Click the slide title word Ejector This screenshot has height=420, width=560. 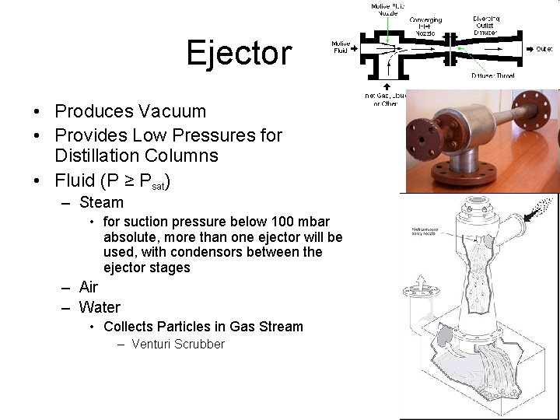tap(239, 54)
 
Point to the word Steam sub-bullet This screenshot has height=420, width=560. tap(101, 203)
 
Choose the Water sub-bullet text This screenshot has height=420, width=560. tap(100, 307)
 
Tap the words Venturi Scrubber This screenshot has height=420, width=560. tap(178, 344)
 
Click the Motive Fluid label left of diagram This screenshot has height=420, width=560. tap(340, 47)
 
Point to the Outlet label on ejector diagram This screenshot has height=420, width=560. tap(544, 48)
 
